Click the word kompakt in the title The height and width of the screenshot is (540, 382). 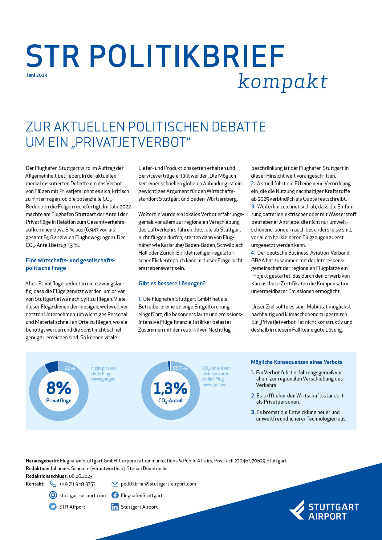tap(282, 82)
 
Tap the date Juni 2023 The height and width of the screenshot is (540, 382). tap(37, 75)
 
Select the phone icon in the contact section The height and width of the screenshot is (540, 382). tap(53, 484)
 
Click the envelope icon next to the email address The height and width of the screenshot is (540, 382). tap(115, 484)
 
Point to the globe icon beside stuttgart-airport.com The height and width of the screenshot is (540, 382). tap(53, 495)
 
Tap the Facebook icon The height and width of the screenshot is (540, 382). tap(115, 495)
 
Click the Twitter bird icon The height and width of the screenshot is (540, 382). tap(53, 507)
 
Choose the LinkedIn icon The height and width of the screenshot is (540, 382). tap(115, 507)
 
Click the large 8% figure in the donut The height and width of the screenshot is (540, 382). tap(59, 388)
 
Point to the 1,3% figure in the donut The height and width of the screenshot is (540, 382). tap(170, 388)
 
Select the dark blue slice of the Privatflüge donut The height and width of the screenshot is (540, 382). tap(52, 366)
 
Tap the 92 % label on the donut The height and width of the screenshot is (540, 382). tap(70, 368)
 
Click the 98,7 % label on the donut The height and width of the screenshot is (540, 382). tap(180, 368)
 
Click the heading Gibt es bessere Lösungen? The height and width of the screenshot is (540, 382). tap(172, 283)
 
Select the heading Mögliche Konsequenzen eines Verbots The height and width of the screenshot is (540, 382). tap(297, 362)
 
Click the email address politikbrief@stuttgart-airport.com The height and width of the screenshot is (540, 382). tap(158, 484)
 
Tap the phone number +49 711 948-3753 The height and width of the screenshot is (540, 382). tap(77, 484)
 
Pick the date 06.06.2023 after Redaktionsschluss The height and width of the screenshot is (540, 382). tap(81, 476)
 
